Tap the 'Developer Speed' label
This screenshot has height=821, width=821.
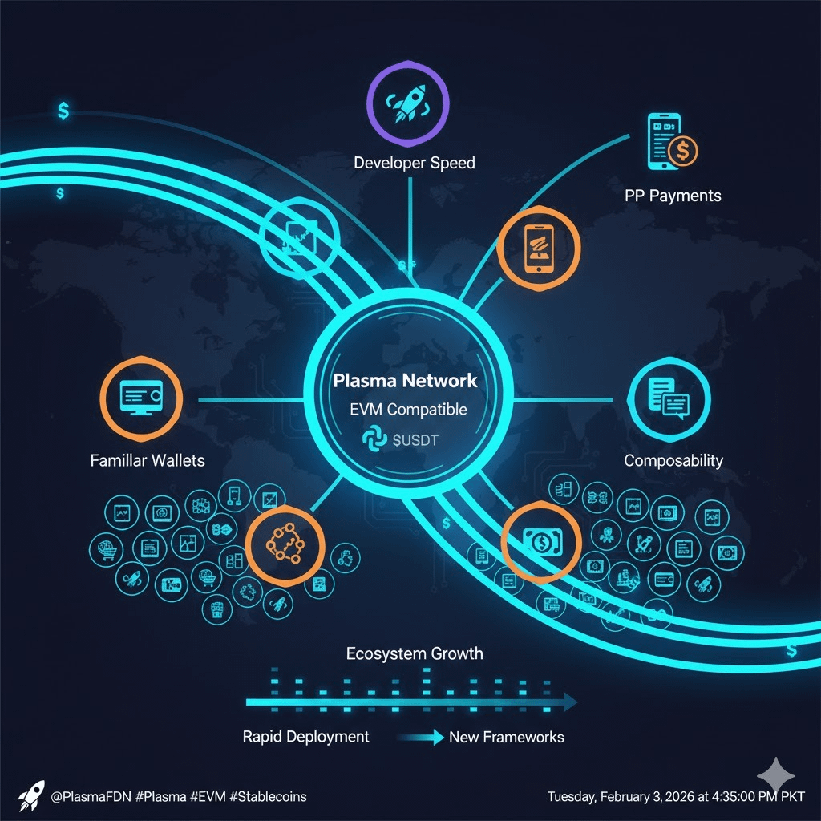(x=415, y=163)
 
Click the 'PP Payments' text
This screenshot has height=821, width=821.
(x=673, y=196)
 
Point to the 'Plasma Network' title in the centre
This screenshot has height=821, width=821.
(x=405, y=381)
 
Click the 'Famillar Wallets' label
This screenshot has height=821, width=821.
(x=148, y=460)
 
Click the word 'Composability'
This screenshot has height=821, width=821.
(x=673, y=460)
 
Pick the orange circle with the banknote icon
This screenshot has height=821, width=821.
(x=540, y=543)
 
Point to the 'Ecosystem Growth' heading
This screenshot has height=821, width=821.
(x=415, y=653)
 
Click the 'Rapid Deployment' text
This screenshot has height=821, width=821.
(x=305, y=737)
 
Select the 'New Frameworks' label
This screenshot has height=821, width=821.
(x=506, y=737)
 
